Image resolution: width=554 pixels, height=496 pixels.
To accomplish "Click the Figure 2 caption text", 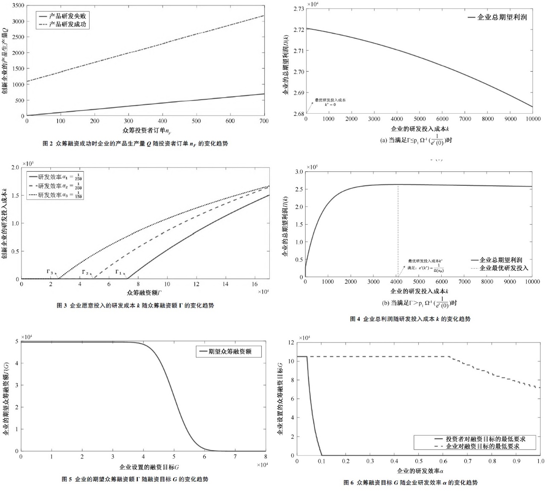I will pyautogui.click(x=135, y=144).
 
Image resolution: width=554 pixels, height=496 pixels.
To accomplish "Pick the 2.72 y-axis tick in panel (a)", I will pyautogui.click(x=299, y=30).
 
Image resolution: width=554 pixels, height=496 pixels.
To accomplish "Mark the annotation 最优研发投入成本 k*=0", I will pyautogui.click(x=330, y=102).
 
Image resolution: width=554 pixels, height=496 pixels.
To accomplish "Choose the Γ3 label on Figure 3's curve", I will pyautogui.click(x=50, y=271).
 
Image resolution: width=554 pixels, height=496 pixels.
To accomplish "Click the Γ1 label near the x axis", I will pyautogui.click(x=119, y=272).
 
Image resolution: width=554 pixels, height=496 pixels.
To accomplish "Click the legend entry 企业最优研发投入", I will pyautogui.click(x=504, y=268).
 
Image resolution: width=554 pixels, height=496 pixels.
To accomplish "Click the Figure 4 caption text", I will pyautogui.click(x=410, y=319).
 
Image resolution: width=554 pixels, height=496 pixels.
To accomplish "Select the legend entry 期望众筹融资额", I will pyautogui.click(x=230, y=352).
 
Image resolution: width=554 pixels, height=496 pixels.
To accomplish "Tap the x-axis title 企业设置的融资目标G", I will pyautogui.click(x=149, y=467).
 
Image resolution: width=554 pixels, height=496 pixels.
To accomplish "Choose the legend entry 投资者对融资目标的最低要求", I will pyautogui.click(x=485, y=439).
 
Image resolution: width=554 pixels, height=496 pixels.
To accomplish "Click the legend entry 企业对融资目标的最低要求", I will pyautogui.click(x=482, y=446).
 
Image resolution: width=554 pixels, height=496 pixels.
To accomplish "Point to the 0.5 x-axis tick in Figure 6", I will pyautogui.click(x=419, y=461).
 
